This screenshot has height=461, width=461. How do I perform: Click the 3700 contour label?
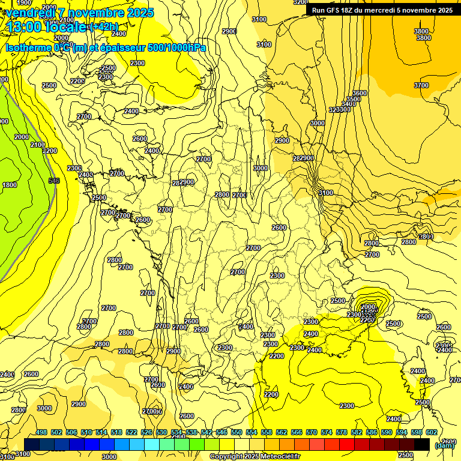click(421, 85)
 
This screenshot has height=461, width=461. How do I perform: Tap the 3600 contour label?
click(360, 93)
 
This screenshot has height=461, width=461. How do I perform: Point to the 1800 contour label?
click(10, 185)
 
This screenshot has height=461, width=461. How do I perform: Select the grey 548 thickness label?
click(54, 181)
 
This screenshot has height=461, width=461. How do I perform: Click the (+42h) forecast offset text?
click(104, 26)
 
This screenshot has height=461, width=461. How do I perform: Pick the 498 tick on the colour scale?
click(41, 432)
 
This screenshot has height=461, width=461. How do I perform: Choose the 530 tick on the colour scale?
click(161, 432)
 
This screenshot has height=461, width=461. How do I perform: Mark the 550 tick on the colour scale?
click(237, 432)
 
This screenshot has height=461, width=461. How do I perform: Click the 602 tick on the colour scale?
click(432, 432)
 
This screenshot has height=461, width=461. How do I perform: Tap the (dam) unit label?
click(444, 445)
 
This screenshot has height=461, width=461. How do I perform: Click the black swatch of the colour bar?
click(422, 444)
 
